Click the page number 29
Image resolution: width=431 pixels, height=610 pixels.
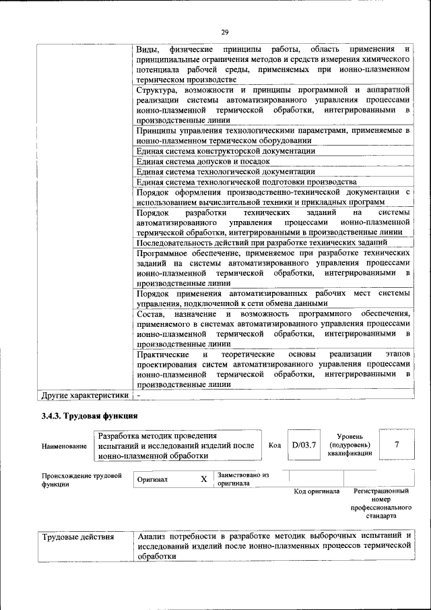[x=225, y=32]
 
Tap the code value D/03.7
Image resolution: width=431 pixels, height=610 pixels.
[x=304, y=445]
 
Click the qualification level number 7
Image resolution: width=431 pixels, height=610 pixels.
[x=397, y=445]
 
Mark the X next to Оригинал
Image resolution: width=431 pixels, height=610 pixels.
[x=203, y=479]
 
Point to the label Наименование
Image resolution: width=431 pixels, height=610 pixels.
[x=64, y=446]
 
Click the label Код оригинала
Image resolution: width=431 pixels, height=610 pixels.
[x=317, y=491]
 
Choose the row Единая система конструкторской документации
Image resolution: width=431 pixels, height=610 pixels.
[x=226, y=151]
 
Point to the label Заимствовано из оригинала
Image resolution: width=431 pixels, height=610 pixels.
[x=242, y=479]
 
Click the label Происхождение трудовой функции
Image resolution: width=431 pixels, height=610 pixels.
[x=81, y=479]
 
